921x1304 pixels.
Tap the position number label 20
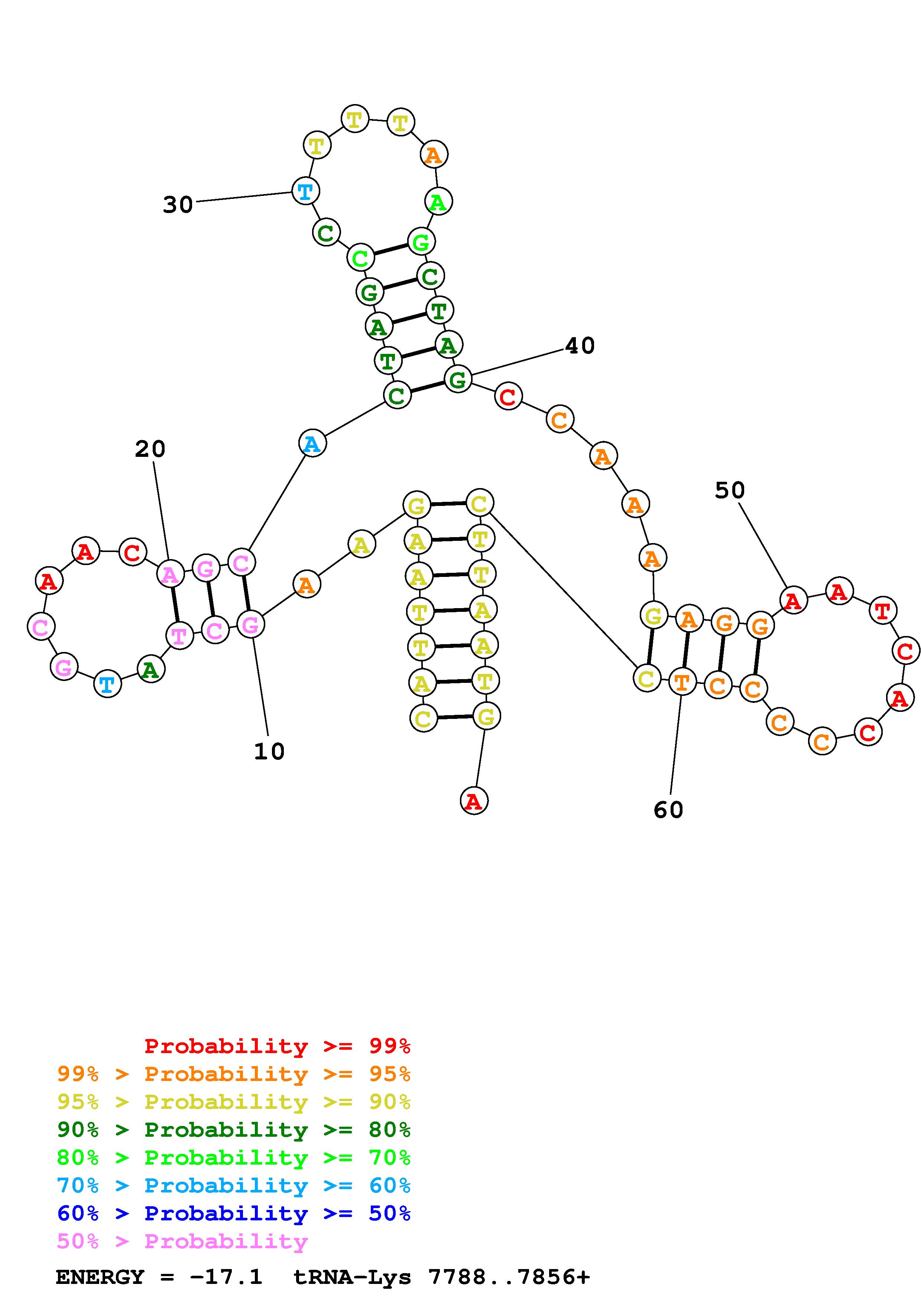click(x=150, y=449)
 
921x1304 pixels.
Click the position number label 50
click(x=729, y=490)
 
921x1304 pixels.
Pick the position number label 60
click(x=668, y=810)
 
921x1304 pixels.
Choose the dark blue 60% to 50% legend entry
click(x=234, y=1213)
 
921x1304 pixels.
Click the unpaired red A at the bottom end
click(x=474, y=801)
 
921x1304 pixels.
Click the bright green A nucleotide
click(x=438, y=201)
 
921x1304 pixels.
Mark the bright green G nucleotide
click(x=421, y=242)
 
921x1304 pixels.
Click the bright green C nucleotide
click(x=361, y=258)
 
